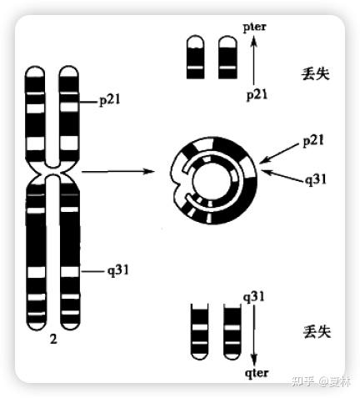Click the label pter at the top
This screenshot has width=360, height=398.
click(254, 28)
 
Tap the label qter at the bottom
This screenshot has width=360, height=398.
click(257, 373)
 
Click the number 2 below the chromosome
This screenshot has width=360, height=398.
click(53, 339)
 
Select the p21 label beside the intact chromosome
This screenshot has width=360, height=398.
click(110, 100)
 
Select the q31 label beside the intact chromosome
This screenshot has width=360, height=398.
click(118, 270)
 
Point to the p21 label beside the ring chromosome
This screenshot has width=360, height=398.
click(313, 141)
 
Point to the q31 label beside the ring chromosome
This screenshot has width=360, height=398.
click(316, 179)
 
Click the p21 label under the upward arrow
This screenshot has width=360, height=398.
click(257, 95)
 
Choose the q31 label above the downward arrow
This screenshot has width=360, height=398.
click(254, 297)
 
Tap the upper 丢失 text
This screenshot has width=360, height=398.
click(316, 74)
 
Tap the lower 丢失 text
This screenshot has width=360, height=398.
click(317, 331)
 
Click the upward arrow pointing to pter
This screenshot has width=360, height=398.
click(254, 60)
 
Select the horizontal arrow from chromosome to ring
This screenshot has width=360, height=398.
click(117, 171)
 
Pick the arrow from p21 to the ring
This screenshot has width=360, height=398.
click(279, 154)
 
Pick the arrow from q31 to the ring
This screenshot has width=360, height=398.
click(282, 176)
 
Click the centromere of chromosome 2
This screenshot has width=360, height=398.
click(52, 171)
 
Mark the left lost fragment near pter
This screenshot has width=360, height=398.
click(195, 57)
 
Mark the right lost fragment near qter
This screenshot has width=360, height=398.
click(232, 331)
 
